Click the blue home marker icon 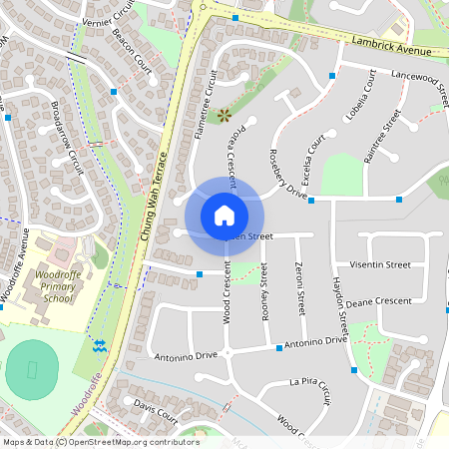[224, 215]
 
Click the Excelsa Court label [311, 155]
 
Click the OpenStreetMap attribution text [101, 442]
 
